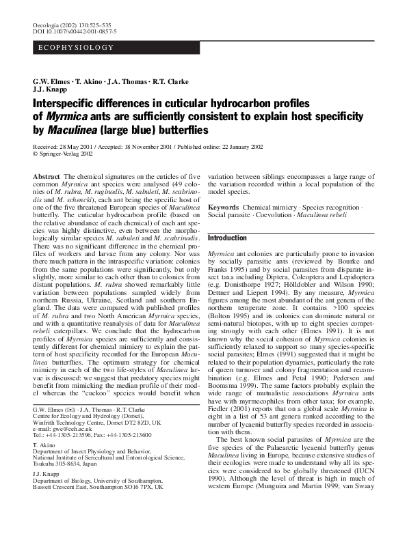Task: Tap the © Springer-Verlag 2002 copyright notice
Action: (x=66, y=155)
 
